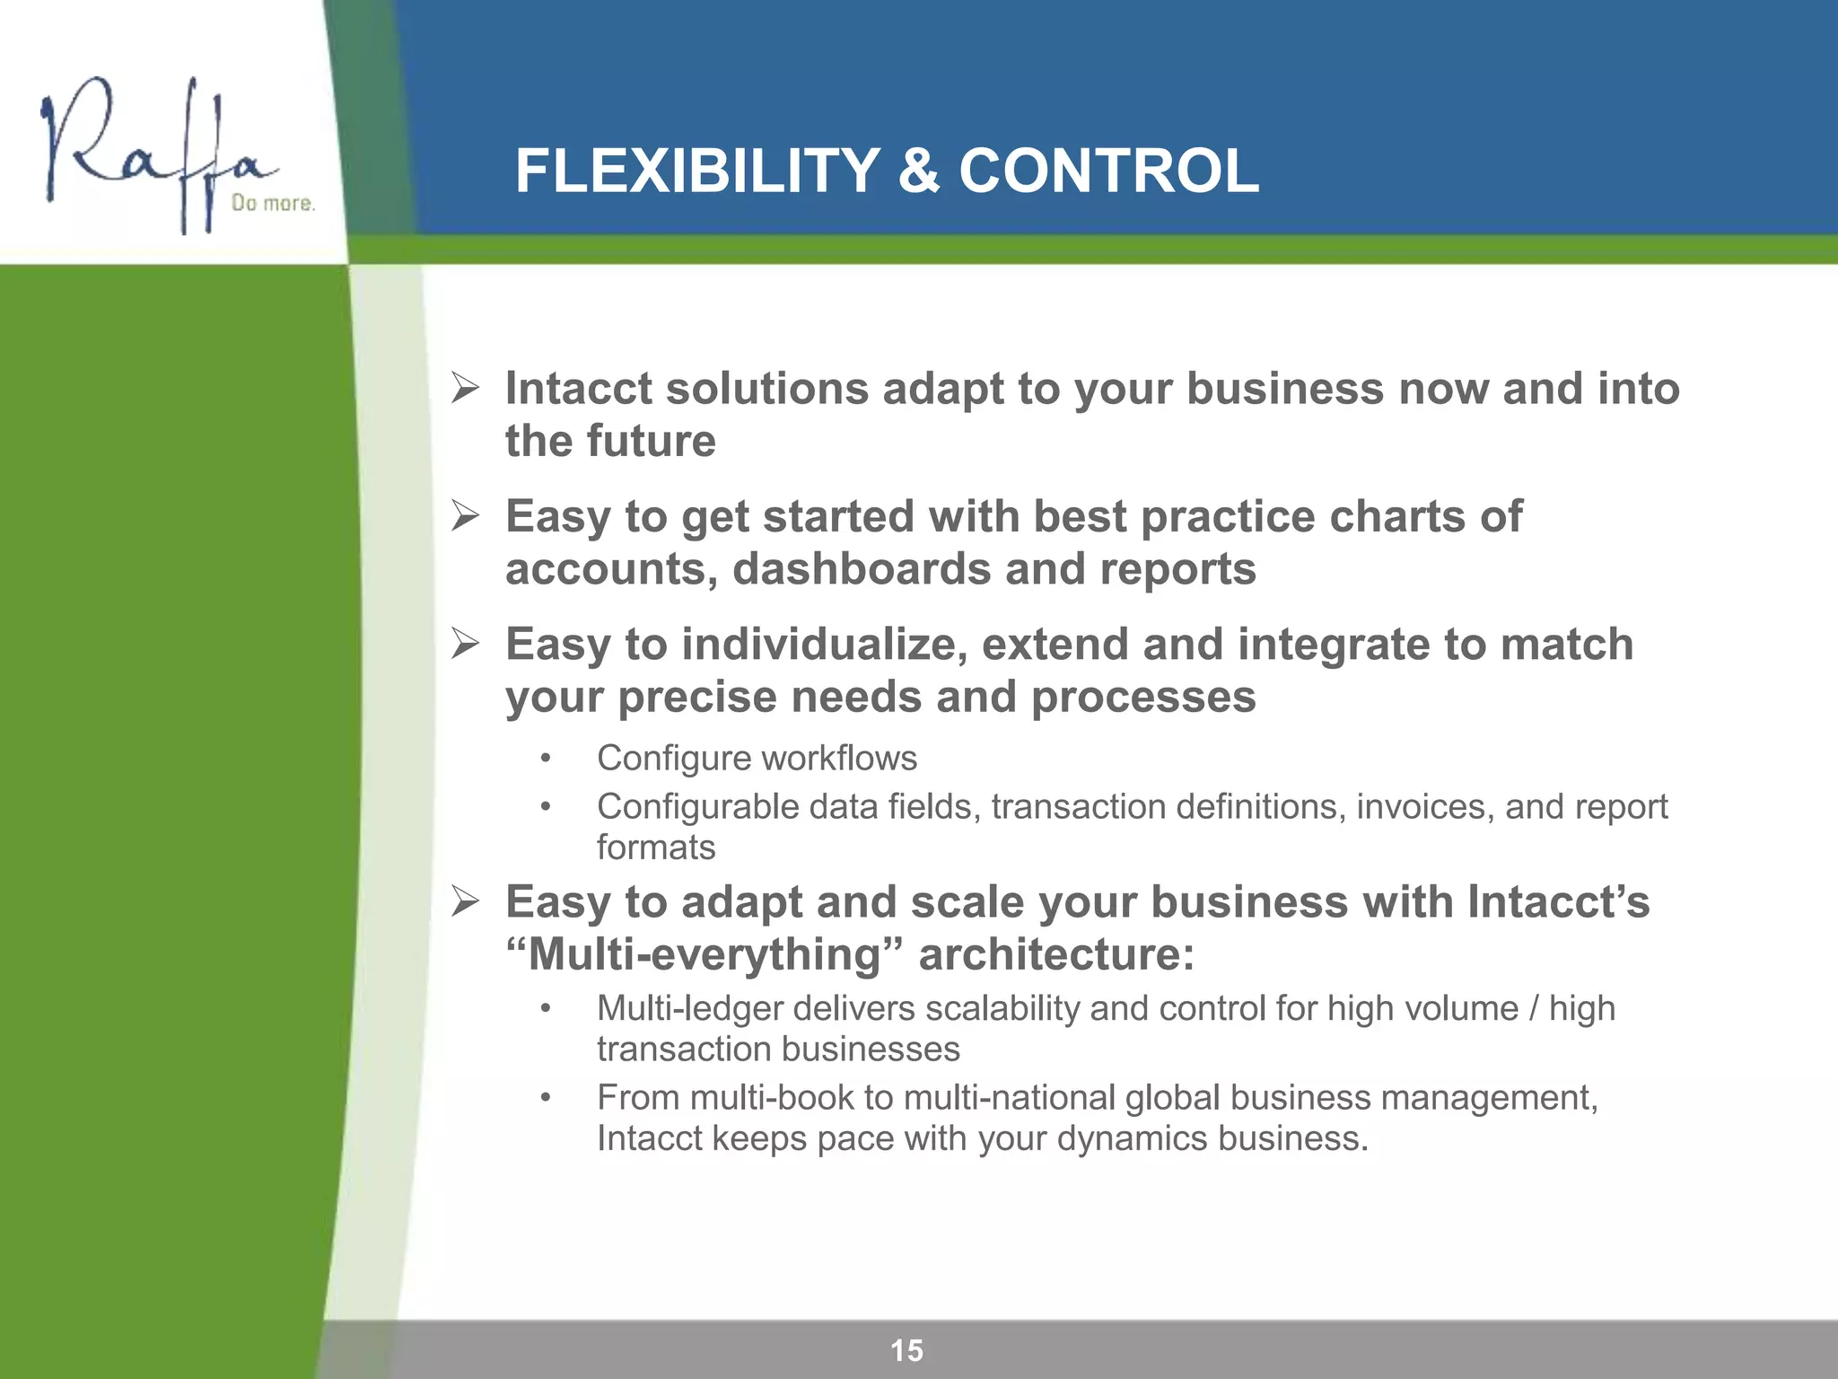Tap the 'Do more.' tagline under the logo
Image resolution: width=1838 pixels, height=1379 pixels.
pyautogui.click(x=273, y=204)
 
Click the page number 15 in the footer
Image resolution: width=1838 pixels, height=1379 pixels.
pyautogui.click(x=906, y=1350)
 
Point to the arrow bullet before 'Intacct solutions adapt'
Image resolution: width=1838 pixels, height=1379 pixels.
pyautogui.click(x=466, y=389)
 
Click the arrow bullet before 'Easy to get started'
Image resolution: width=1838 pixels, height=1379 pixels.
pyautogui.click(x=466, y=516)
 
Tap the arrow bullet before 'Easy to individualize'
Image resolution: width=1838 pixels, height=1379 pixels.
pyautogui.click(x=466, y=645)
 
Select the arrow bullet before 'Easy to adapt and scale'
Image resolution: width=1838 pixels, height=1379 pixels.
pyautogui.click(x=466, y=901)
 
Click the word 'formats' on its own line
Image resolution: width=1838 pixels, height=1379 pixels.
pyautogui.click(x=656, y=848)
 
